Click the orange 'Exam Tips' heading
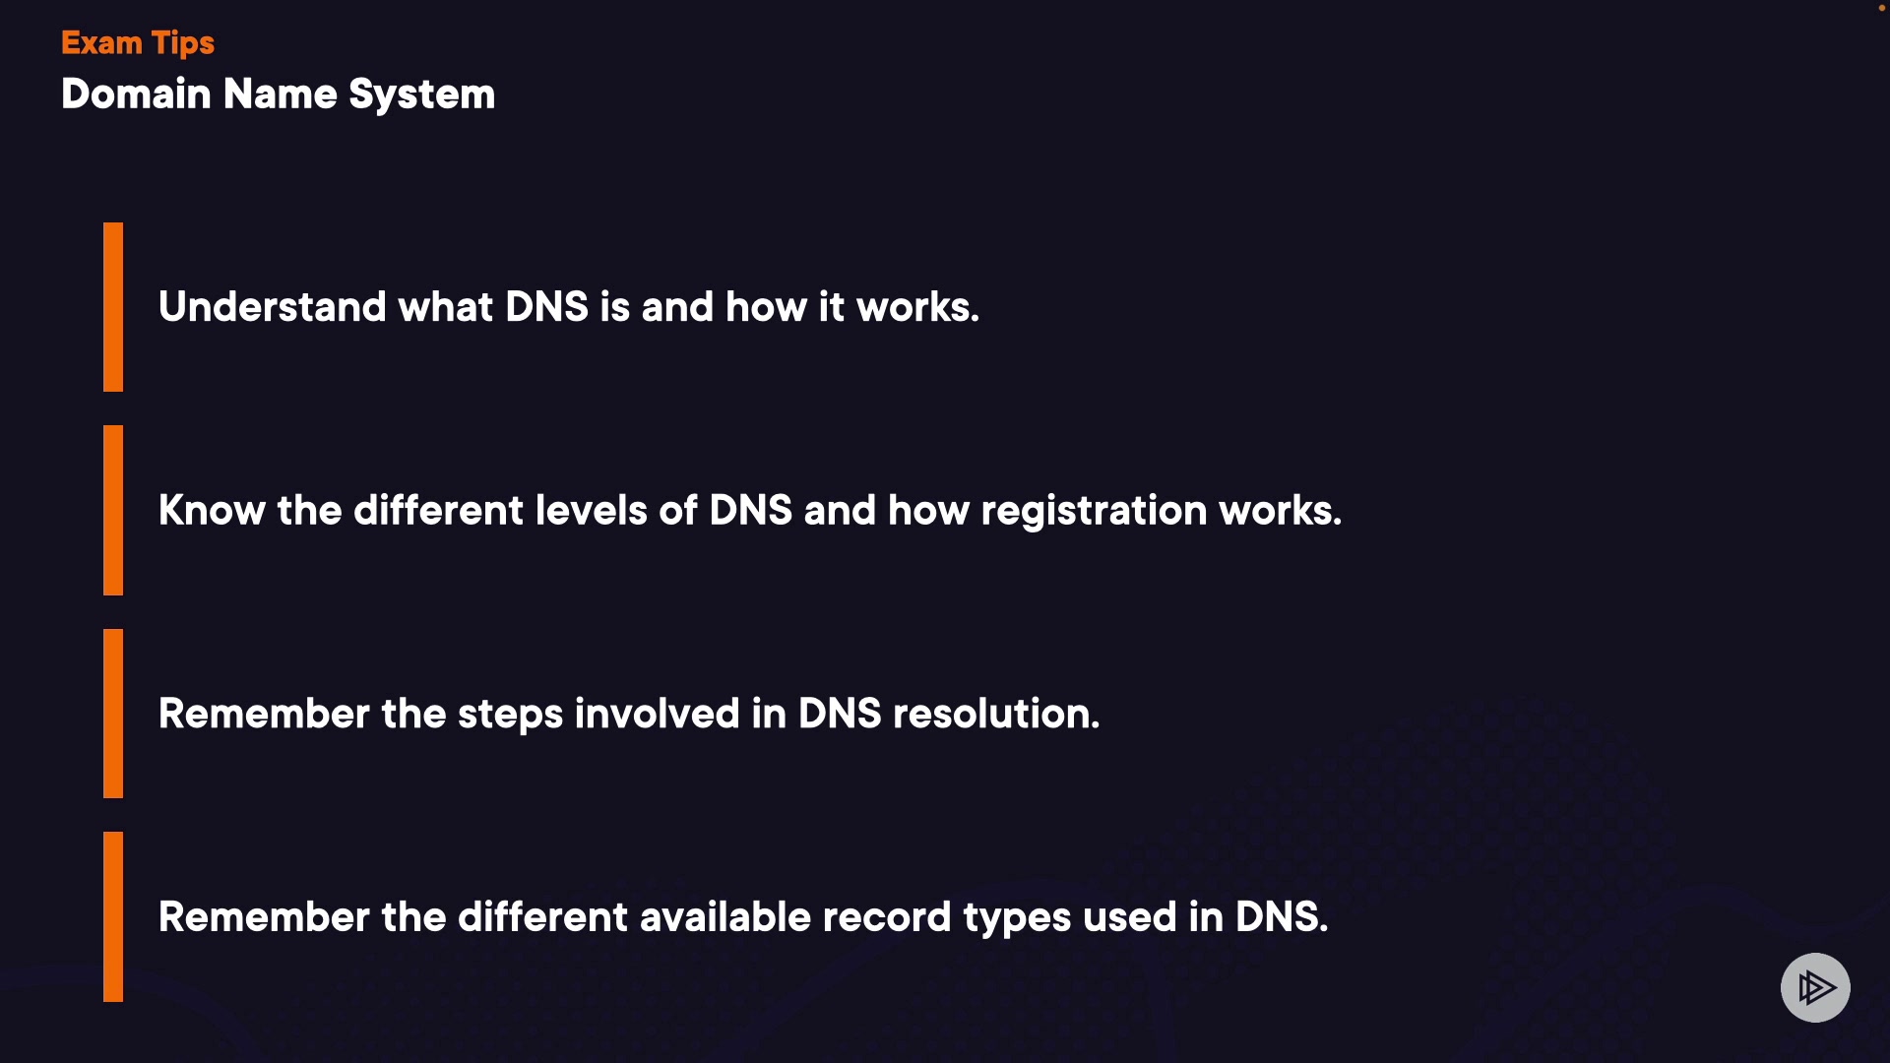138,43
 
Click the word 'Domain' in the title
136,94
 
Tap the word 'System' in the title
421,95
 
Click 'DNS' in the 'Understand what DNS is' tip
546,307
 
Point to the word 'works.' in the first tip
917,307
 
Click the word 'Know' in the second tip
212,511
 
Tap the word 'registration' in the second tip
1093,511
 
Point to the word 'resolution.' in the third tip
995,714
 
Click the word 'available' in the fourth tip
724,917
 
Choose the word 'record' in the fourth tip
886,917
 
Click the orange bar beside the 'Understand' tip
113,307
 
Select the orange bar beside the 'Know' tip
113,510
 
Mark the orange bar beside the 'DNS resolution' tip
113,714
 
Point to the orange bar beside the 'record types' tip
113,916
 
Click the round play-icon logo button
1815,987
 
